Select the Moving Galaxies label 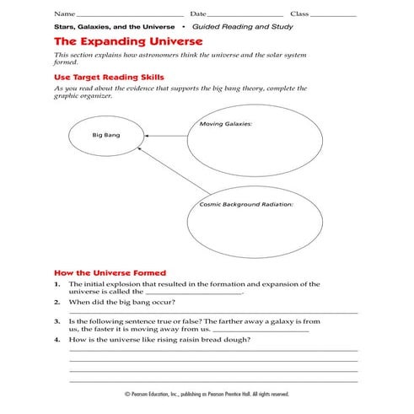pos(226,124)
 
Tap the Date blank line pos(245,14)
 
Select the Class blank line pos(335,14)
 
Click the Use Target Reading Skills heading pos(114,77)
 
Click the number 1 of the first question pos(56,285)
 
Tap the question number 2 pos(56,301)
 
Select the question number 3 pos(56,321)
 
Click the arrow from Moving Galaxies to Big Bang pos(160,136)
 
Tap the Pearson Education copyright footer pos(207,394)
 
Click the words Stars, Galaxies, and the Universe pos(114,26)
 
